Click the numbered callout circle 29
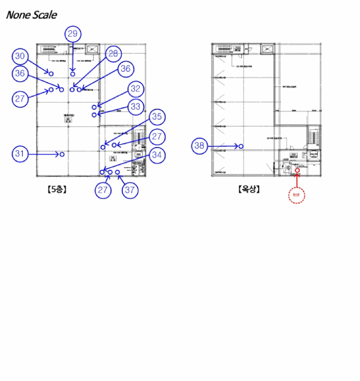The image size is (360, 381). click(x=72, y=34)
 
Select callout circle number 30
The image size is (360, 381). click(x=20, y=56)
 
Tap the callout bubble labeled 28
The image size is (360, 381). click(x=113, y=53)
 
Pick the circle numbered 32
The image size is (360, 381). click(x=136, y=89)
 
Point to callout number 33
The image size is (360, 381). click(x=136, y=106)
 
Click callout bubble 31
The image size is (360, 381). click(x=20, y=155)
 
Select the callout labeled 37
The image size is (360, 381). click(x=129, y=190)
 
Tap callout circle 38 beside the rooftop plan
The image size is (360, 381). click(x=200, y=146)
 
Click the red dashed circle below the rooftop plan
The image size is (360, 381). click(x=296, y=195)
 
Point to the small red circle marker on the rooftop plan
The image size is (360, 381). click(x=297, y=170)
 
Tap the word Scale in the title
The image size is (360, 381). click(x=44, y=15)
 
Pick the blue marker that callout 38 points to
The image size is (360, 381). click(x=241, y=146)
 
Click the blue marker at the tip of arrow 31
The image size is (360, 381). click(x=62, y=155)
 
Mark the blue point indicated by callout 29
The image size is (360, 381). click(x=72, y=73)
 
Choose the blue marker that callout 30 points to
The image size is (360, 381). click(x=51, y=72)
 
